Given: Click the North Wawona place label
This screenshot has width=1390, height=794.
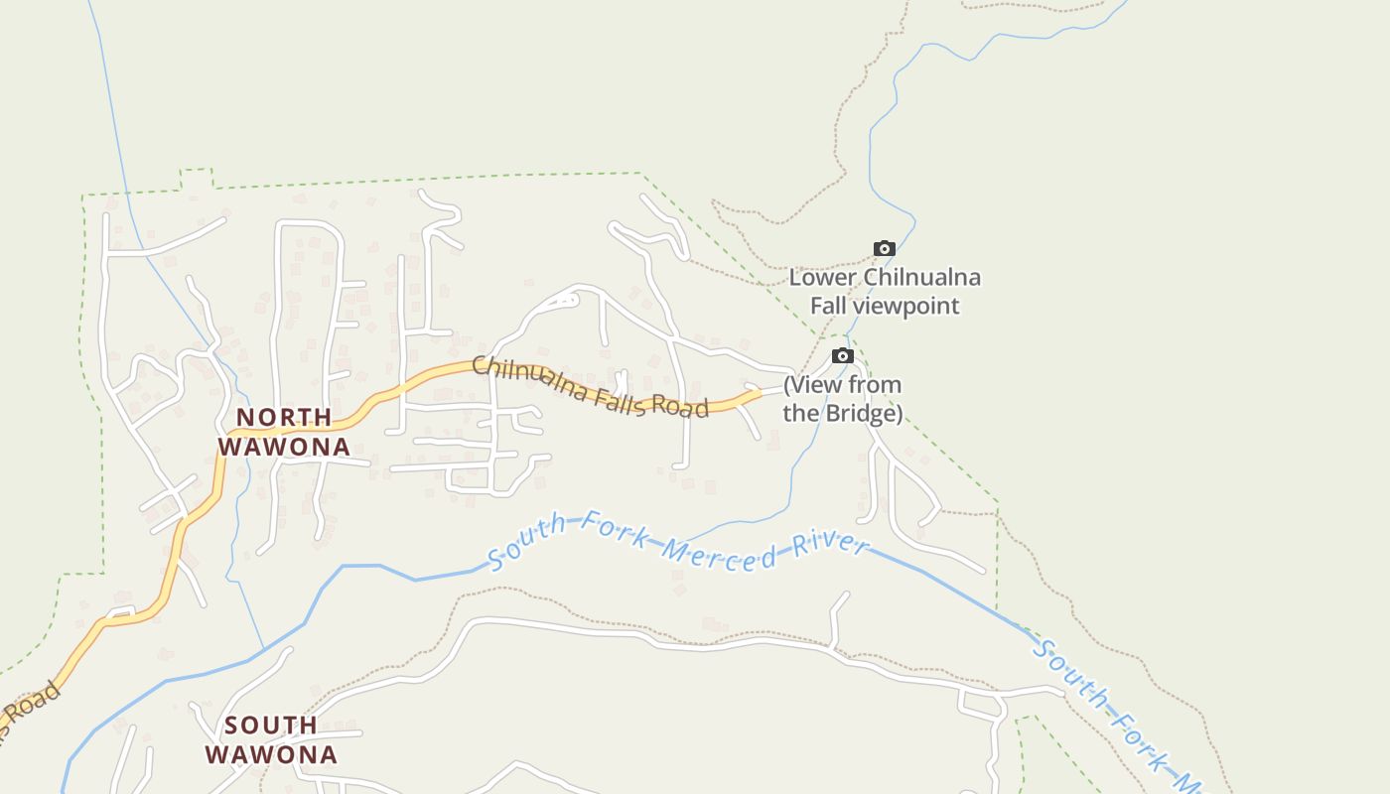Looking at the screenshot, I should tap(284, 432).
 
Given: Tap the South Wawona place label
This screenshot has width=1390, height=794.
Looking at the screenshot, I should tap(271, 739).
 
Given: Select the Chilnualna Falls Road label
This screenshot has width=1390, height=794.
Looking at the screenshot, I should tap(590, 387).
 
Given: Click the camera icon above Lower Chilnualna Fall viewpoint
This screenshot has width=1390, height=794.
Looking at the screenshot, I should tap(884, 248).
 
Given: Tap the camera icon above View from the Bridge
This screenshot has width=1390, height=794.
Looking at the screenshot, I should tap(842, 355).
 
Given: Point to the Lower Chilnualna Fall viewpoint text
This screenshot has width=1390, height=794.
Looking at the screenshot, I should tap(885, 291).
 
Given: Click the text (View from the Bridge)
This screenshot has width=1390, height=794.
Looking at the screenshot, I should tap(842, 398).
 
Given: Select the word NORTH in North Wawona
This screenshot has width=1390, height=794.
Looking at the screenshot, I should tap(284, 417).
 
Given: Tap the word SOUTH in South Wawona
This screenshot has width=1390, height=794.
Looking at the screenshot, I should tap(271, 725).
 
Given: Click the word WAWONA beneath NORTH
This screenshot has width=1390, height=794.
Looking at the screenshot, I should tap(284, 447).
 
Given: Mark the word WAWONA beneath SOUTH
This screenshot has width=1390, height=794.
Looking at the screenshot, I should tap(271, 754).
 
